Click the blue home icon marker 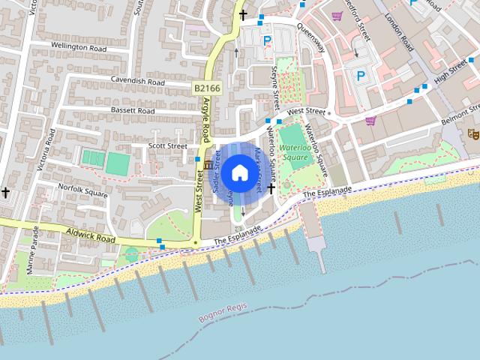coord(239,172)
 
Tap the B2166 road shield coord(206,88)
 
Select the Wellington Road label coord(80,46)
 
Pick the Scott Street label coord(167,145)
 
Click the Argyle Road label coord(207,120)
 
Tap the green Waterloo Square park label coord(294,152)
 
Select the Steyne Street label coord(275,83)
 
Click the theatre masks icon coord(473,133)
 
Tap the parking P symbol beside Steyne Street coord(267,40)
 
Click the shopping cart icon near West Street coord(370,120)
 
